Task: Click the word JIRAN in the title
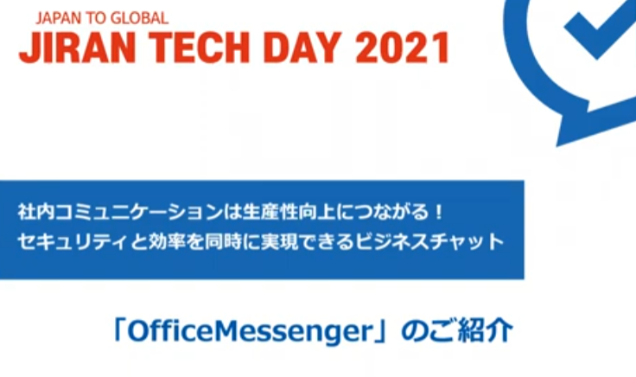77,48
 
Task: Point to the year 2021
403,48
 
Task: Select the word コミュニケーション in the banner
139,212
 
